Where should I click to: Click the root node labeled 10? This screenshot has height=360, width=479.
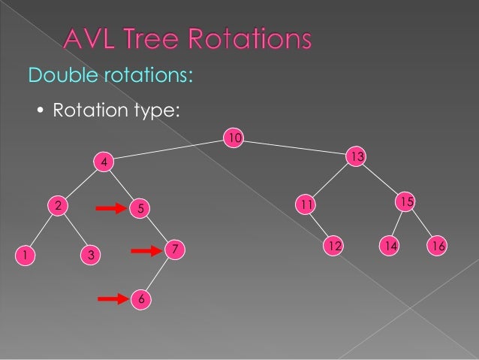click(x=234, y=138)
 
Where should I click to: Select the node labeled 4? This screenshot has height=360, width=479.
click(x=104, y=162)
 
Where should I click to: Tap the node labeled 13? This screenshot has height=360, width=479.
click(x=356, y=156)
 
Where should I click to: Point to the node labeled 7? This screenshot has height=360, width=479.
click(x=174, y=248)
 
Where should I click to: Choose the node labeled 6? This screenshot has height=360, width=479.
click(x=140, y=299)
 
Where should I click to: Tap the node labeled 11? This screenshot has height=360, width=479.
click(x=305, y=204)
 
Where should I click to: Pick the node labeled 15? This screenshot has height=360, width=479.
click(x=405, y=202)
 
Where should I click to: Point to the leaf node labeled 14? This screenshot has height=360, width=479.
click(x=389, y=246)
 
